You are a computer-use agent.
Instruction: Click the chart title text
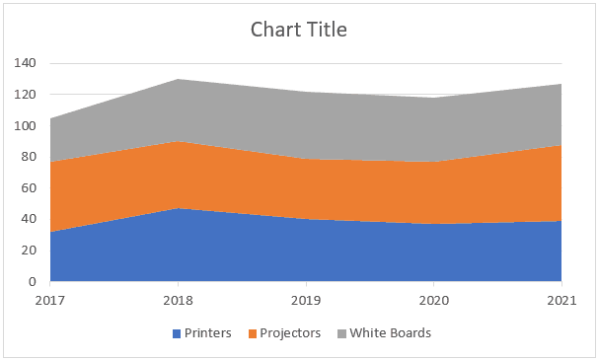coord(299,30)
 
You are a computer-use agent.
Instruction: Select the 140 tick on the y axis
coord(26,63)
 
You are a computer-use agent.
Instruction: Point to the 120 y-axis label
coord(26,95)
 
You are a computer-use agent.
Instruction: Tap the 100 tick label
coord(26,126)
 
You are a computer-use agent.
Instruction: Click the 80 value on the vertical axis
coord(29,157)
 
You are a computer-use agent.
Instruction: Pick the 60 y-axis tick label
coord(29,188)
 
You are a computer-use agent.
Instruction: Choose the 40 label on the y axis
coord(29,219)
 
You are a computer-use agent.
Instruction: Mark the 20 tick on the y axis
coord(29,251)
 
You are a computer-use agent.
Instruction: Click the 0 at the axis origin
coord(33,282)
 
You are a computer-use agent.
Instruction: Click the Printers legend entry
coord(208,333)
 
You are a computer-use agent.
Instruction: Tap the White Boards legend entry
coord(390,333)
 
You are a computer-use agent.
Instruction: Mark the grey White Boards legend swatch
coord(341,333)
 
